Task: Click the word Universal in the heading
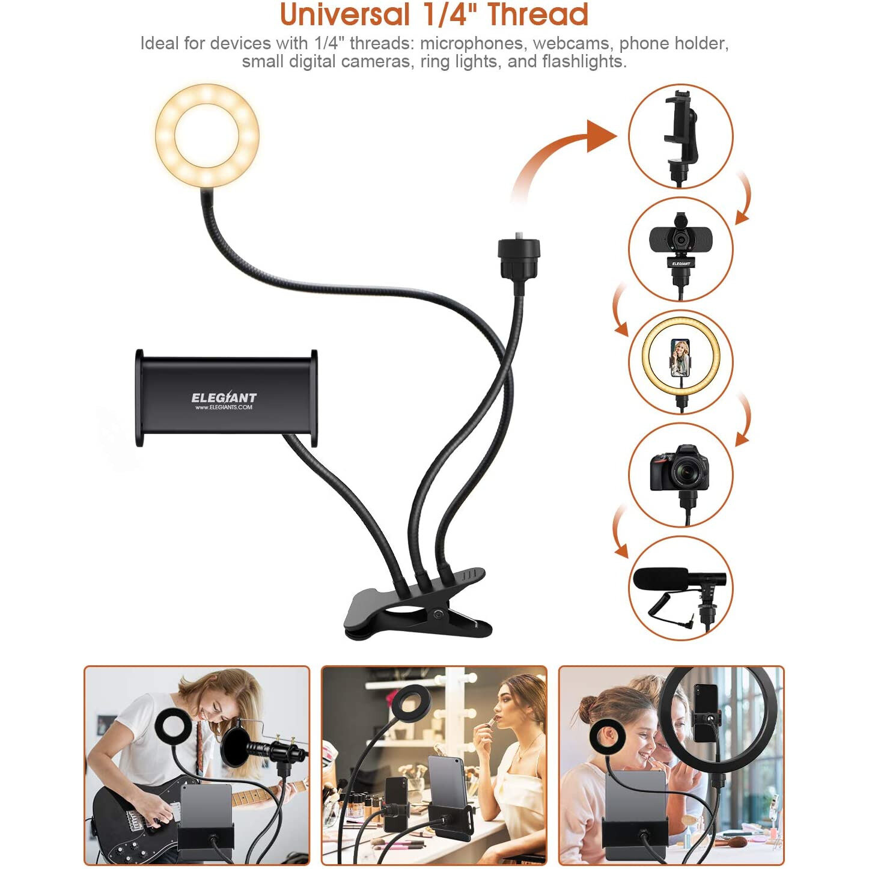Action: tap(345, 14)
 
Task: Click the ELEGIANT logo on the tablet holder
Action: tap(224, 397)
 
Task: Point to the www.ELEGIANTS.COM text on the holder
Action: tap(224, 407)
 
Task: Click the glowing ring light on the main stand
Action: tap(207, 135)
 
